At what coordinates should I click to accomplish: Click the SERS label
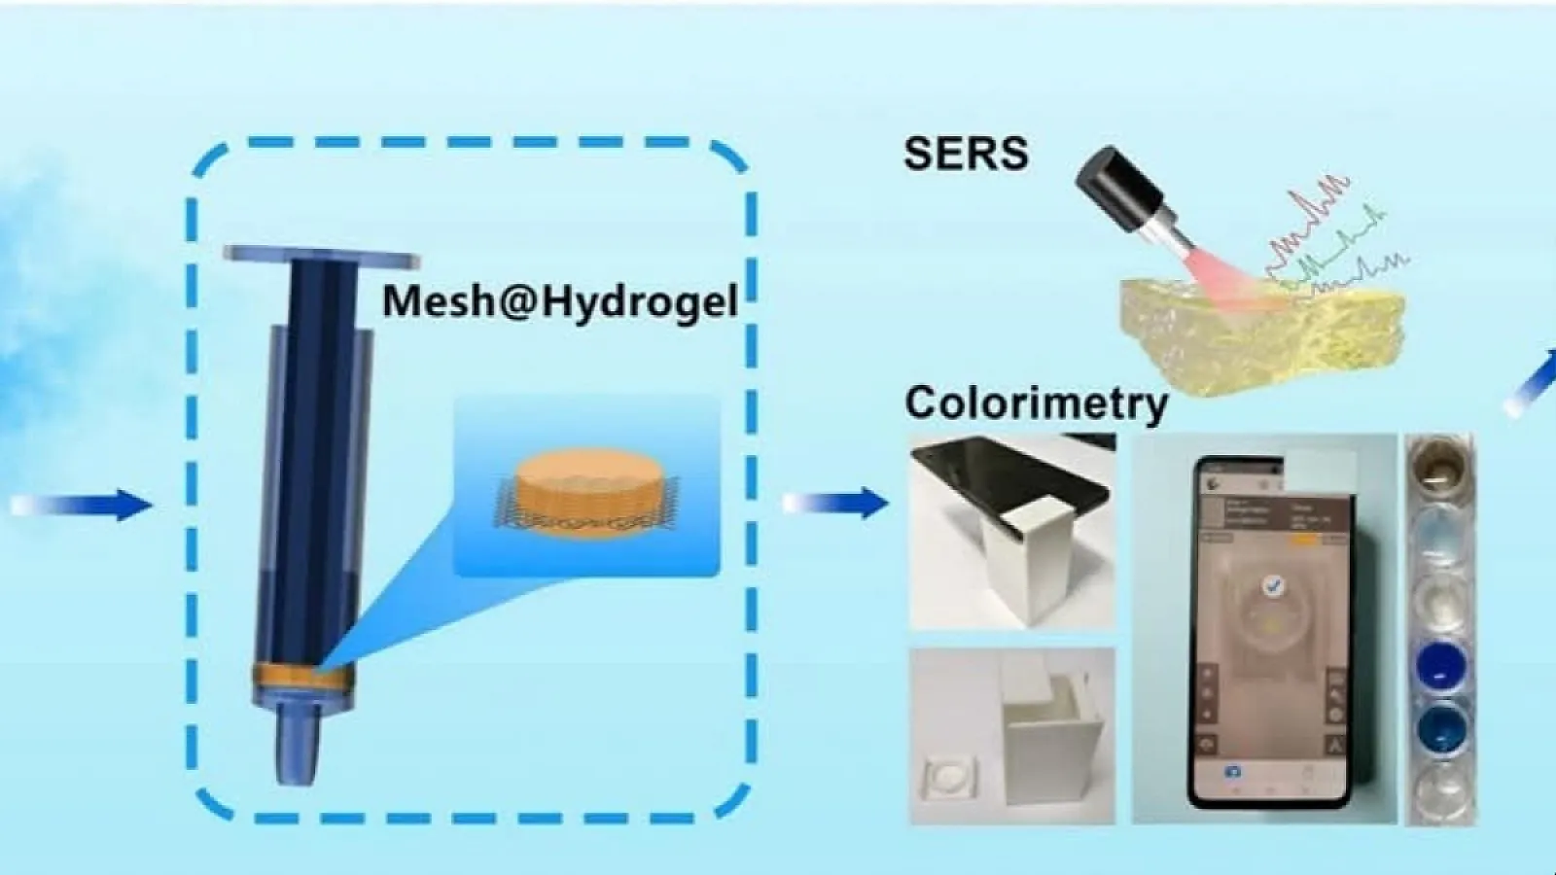click(x=965, y=154)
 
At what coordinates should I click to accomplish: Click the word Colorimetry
click(x=1036, y=402)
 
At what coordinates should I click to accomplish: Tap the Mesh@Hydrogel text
click(x=560, y=300)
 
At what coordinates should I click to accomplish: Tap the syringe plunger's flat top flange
click(x=322, y=257)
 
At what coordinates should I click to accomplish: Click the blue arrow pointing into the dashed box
click(x=83, y=505)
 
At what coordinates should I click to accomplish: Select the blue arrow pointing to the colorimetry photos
click(x=836, y=502)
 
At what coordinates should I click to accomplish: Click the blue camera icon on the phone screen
click(x=1232, y=771)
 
